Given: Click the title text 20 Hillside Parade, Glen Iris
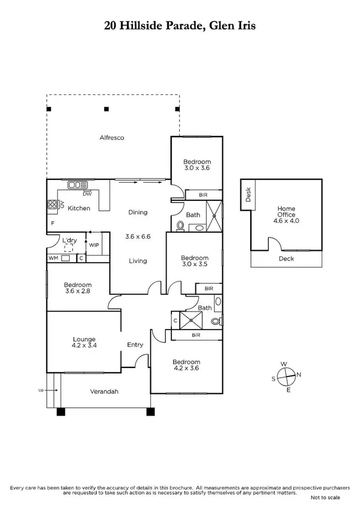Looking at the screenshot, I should point(180,26).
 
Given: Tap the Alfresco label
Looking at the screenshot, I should point(112,138).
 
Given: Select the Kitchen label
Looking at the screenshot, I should point(79,208).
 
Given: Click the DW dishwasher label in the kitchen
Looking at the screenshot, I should point(87,194).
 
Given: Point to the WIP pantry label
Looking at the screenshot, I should point(94,245).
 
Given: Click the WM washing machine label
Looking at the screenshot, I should point(54,259).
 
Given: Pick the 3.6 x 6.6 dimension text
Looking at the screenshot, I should point(138,236).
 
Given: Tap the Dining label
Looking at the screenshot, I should point(138,212).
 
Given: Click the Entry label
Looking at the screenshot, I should point(135,345).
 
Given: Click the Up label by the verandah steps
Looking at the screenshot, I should point(41,390).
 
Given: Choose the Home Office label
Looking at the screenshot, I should point(287,212).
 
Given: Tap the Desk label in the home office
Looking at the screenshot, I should point(247,194).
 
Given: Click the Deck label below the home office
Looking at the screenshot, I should point(286,259).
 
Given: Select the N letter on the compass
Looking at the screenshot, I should point(299,375).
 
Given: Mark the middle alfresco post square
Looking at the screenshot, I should point(106,109).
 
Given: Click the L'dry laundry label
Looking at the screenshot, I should point(70,241).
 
